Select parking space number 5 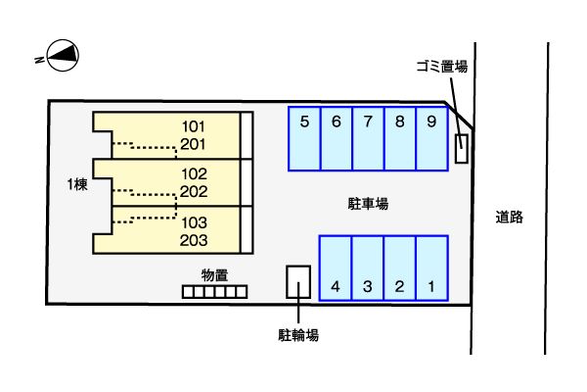coord(304,138)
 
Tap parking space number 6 coord(336,138)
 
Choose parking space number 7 coord(368,138)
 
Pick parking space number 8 coord(400,138)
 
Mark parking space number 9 coord(431,138)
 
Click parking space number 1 coord(431,267)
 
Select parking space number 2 coord(400,267)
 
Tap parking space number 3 coord(368,267)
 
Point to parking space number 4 coord(336,267)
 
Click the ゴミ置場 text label coord(441,67)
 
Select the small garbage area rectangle coord(462,148)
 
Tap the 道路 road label coord(509,217)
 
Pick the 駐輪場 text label coord(298,335)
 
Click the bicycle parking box coord(297,281)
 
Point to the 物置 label coord(215,274)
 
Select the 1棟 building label coord(77,184)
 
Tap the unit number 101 coord(193,126)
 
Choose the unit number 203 coord(193,239)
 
